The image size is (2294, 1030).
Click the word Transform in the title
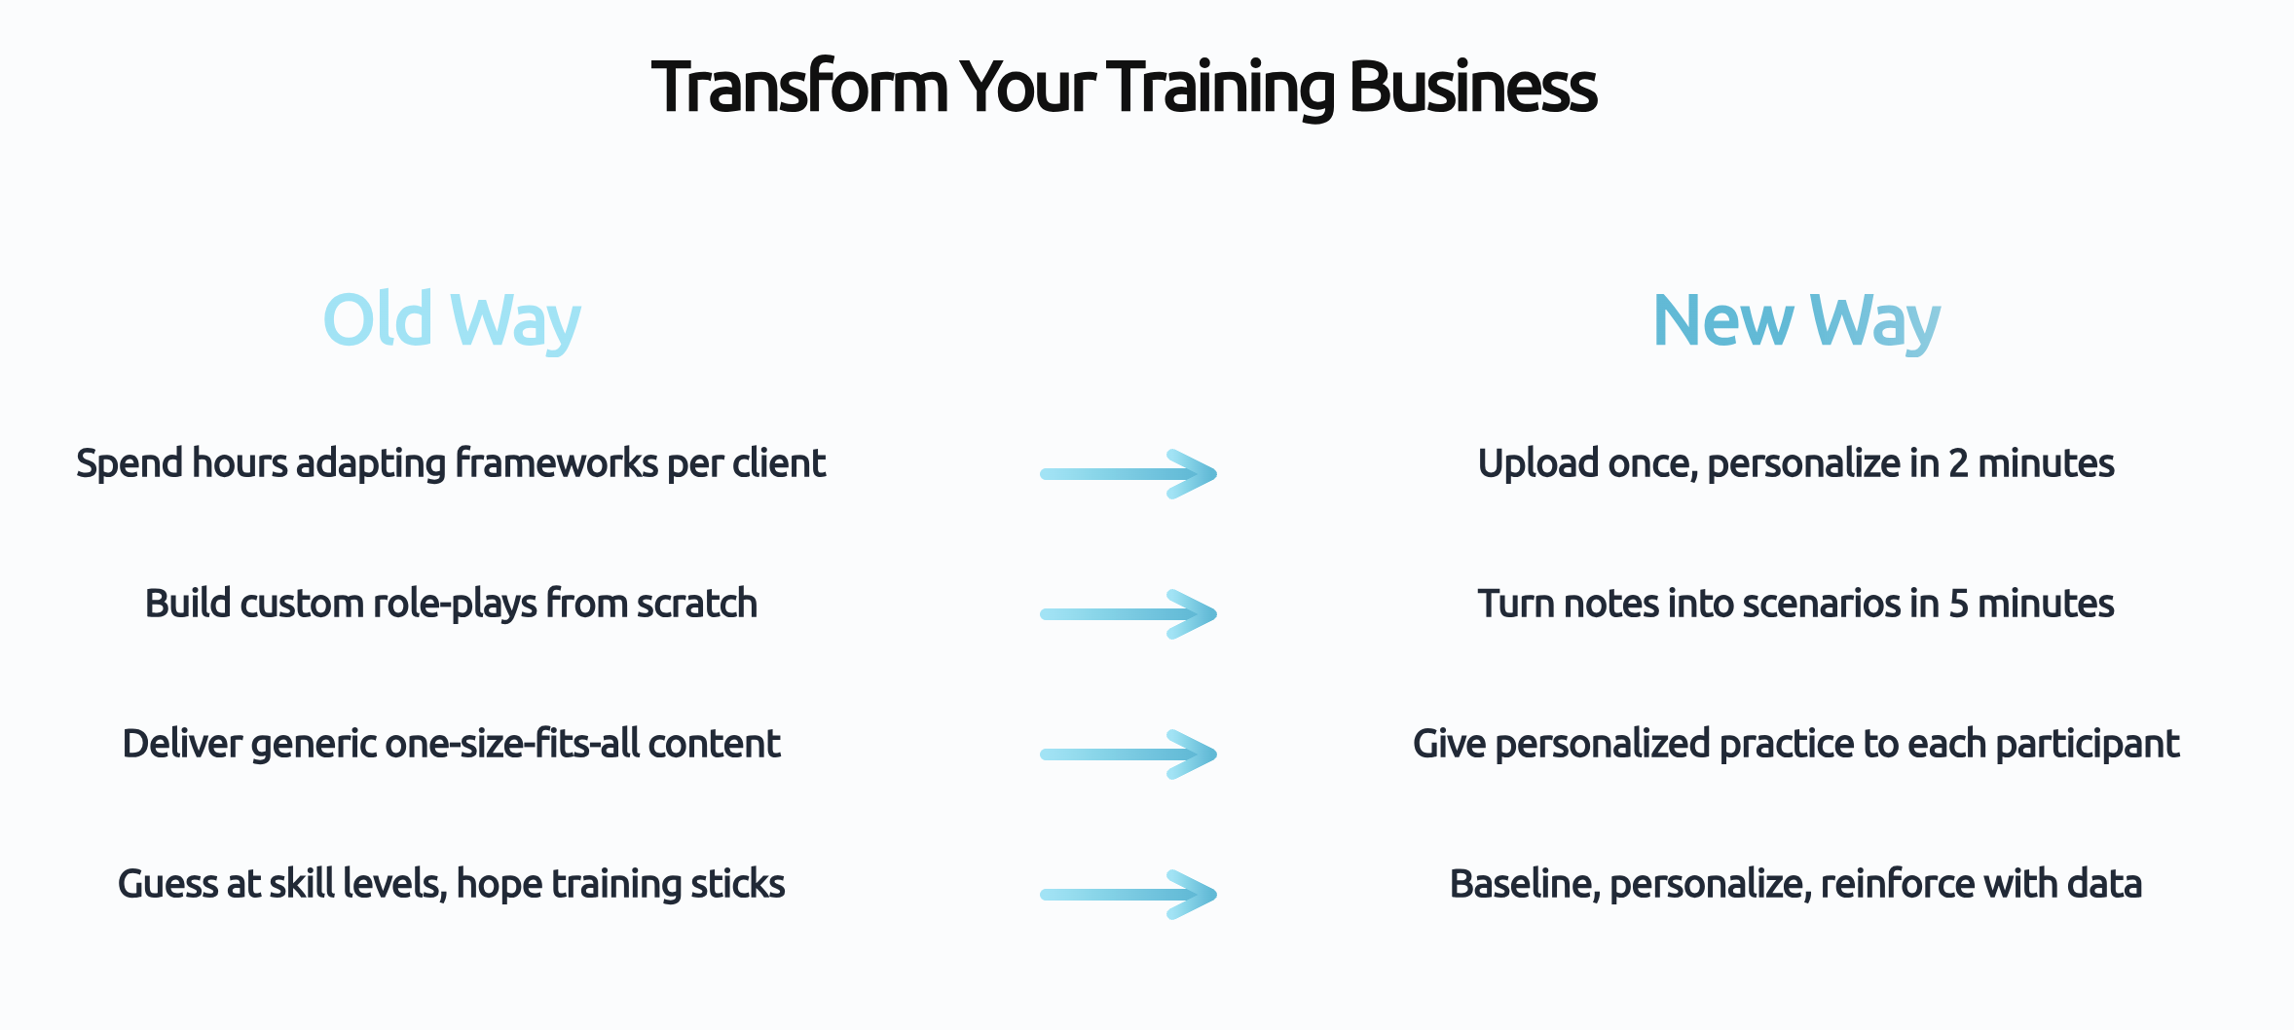799,88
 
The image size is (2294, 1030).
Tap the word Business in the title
1472,88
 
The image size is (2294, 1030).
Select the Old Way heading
452,320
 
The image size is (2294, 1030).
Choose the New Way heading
1796,320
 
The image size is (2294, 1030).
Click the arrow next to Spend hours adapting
1128,474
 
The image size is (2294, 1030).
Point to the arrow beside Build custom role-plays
1128,614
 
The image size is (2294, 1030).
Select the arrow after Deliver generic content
1128,754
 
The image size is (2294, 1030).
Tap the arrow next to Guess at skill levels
1128,895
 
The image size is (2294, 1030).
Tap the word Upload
1537,463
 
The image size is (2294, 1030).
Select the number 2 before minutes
1958,463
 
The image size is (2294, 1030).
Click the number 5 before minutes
1958,604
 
